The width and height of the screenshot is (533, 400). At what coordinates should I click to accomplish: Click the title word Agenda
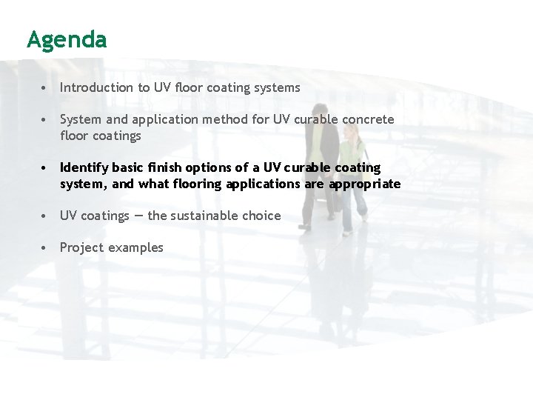click(x=67, y=39)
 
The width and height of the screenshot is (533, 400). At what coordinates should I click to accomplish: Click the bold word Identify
click(x=84, y=168)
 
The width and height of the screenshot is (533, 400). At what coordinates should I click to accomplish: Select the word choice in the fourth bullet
click(x=265, y=216)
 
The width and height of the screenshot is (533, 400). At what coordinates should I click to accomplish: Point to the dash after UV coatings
click(x=138, y=216)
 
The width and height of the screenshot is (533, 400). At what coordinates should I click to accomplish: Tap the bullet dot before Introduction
click(x=45, y=88)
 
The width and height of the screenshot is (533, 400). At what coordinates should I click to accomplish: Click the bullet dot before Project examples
click(x=45, y=248)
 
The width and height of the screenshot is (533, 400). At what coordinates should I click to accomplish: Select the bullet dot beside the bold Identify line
click(x=45, y=168)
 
